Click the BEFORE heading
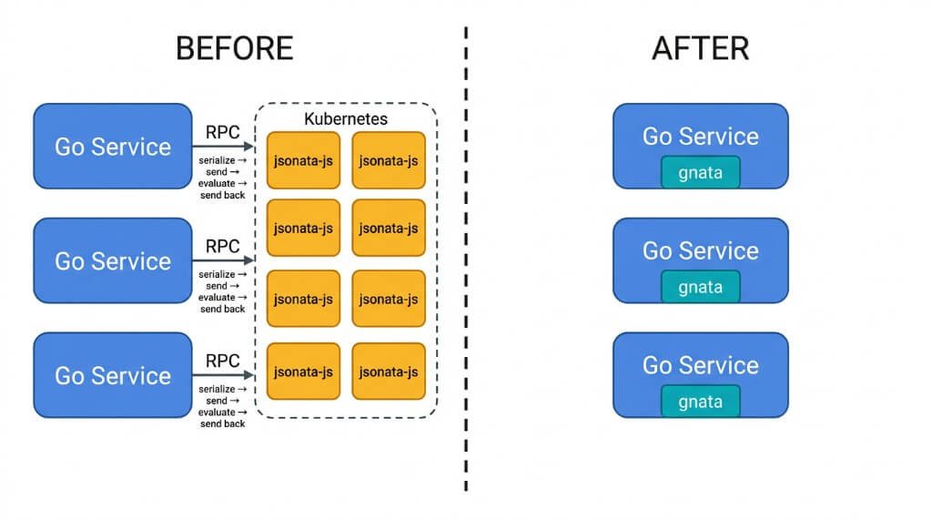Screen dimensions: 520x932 pos(234,47)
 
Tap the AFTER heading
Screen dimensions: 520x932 pos(700,47)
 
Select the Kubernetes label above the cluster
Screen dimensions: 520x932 pos(346,119)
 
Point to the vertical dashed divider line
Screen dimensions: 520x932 pos(466,273)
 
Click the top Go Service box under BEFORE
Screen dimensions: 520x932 pos(113,147)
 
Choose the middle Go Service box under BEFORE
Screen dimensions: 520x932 pos(113,261)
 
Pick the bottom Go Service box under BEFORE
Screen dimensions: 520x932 pos(113,375)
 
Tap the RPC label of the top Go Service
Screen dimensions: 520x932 pos(223,131)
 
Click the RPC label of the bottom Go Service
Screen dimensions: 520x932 pos(223,360)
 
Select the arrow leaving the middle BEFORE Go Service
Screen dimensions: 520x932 pos(223,261)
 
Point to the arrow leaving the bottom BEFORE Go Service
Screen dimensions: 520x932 pos(223,375)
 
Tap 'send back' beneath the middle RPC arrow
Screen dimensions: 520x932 pos(223,309)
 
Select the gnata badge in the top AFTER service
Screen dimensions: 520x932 pos(700,172)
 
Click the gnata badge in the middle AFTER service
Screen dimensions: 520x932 pos(700,287)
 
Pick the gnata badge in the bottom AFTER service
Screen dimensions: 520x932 pos(700,402)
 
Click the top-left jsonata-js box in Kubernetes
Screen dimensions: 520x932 pos(303,160)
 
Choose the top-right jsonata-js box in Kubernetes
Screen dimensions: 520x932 pos(389,160)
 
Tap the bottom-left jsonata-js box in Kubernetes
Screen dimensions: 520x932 pos(303,372)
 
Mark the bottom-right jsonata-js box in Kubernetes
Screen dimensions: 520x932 pos(389,372)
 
